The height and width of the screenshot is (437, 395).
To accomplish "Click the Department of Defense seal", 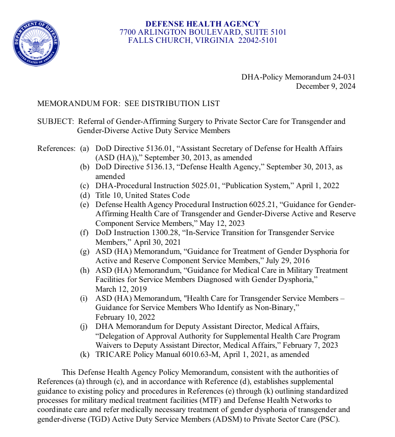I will point(36,43).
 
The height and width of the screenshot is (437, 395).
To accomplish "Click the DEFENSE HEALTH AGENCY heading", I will point(203,24).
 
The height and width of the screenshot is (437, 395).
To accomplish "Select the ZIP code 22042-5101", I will point(258,40).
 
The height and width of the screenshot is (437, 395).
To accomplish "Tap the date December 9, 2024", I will point(326,86).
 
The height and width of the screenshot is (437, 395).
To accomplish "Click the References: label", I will point(57,148).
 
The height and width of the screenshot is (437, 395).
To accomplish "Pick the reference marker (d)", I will point(85,195).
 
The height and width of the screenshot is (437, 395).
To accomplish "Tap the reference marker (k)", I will point(85,354).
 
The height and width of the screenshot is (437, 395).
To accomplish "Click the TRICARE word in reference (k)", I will point(112,354).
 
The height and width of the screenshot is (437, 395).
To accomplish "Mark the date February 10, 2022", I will point(125,317).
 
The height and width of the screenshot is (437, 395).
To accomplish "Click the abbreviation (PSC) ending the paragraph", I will point(329,419).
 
